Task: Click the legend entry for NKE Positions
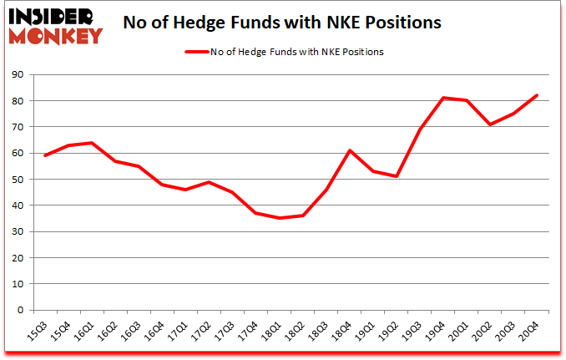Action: (283, 52)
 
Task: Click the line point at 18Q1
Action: (280, 218)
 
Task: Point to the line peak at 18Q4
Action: (350, 150)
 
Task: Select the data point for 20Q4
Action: (536, 95)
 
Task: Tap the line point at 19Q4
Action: (442, 98)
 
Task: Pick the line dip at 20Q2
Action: (489, 124)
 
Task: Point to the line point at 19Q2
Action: (397, 176)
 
